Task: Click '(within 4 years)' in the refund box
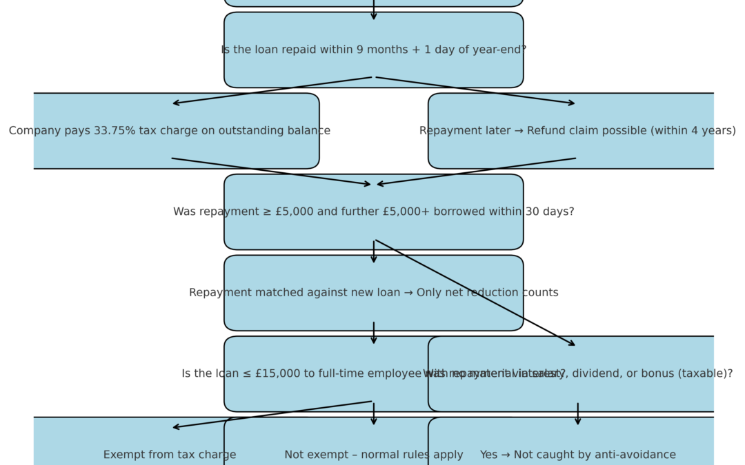tap(696, 131)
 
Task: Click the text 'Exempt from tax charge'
tap(170, 455)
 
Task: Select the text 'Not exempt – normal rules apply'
tap(374, 455)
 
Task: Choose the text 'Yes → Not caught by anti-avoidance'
tap(578, 455)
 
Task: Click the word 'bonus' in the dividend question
tap(661, 374)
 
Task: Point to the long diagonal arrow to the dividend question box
tap(475, 293)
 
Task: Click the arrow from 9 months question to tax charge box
tap(272, 90)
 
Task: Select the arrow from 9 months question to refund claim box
tap(476, 90)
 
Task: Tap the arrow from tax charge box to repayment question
tap(272, 172)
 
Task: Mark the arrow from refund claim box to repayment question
tap(476, 172)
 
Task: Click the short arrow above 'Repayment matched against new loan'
tap(374, 252)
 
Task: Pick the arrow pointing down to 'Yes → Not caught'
tap(578, 414)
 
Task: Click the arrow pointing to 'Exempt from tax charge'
tap(272, 415)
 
